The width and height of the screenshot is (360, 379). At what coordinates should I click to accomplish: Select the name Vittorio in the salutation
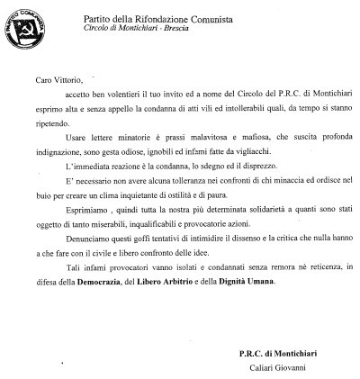tap(69, 80)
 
